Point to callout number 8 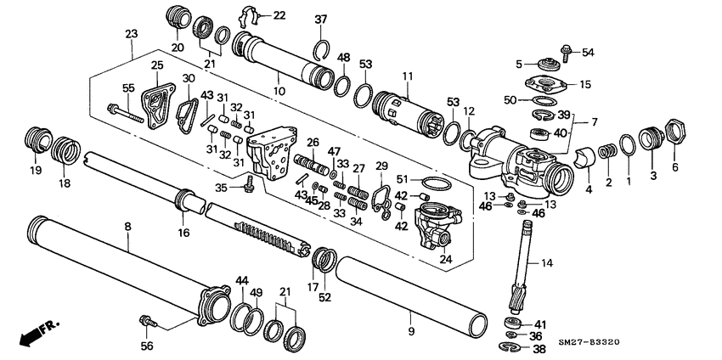tap(127, 227)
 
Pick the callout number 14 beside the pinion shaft tap(546, 264)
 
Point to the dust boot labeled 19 tap(33, 138)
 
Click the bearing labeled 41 tap(513, 323)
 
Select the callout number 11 tap(407, 77)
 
